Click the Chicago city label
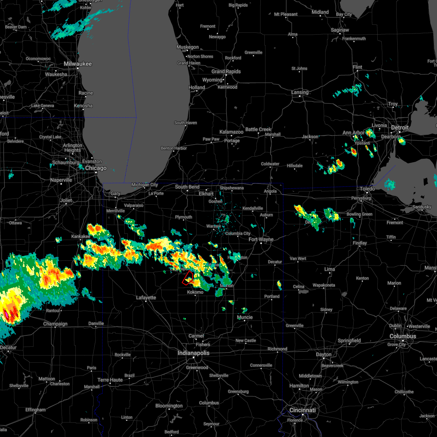click(96, 168)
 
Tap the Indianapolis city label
click(193, 353)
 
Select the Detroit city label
click(399, 127)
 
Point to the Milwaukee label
click(78, 64)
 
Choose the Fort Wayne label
click(261, 239)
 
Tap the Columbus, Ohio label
click(402, 336)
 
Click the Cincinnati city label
click(302, 410)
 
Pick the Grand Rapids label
click(226, 71)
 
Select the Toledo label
click(367, 189)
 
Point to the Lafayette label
click(146, 298)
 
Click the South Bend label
click(187, 187)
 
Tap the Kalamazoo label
click(231, 132)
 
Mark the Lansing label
click(300, 92)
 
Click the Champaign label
click(55, 324)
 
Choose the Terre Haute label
click(110, 380)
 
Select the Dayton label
click(324, 354)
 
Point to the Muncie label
click(245, 317)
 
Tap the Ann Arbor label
click(353, 133)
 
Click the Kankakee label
click(80, 236)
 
